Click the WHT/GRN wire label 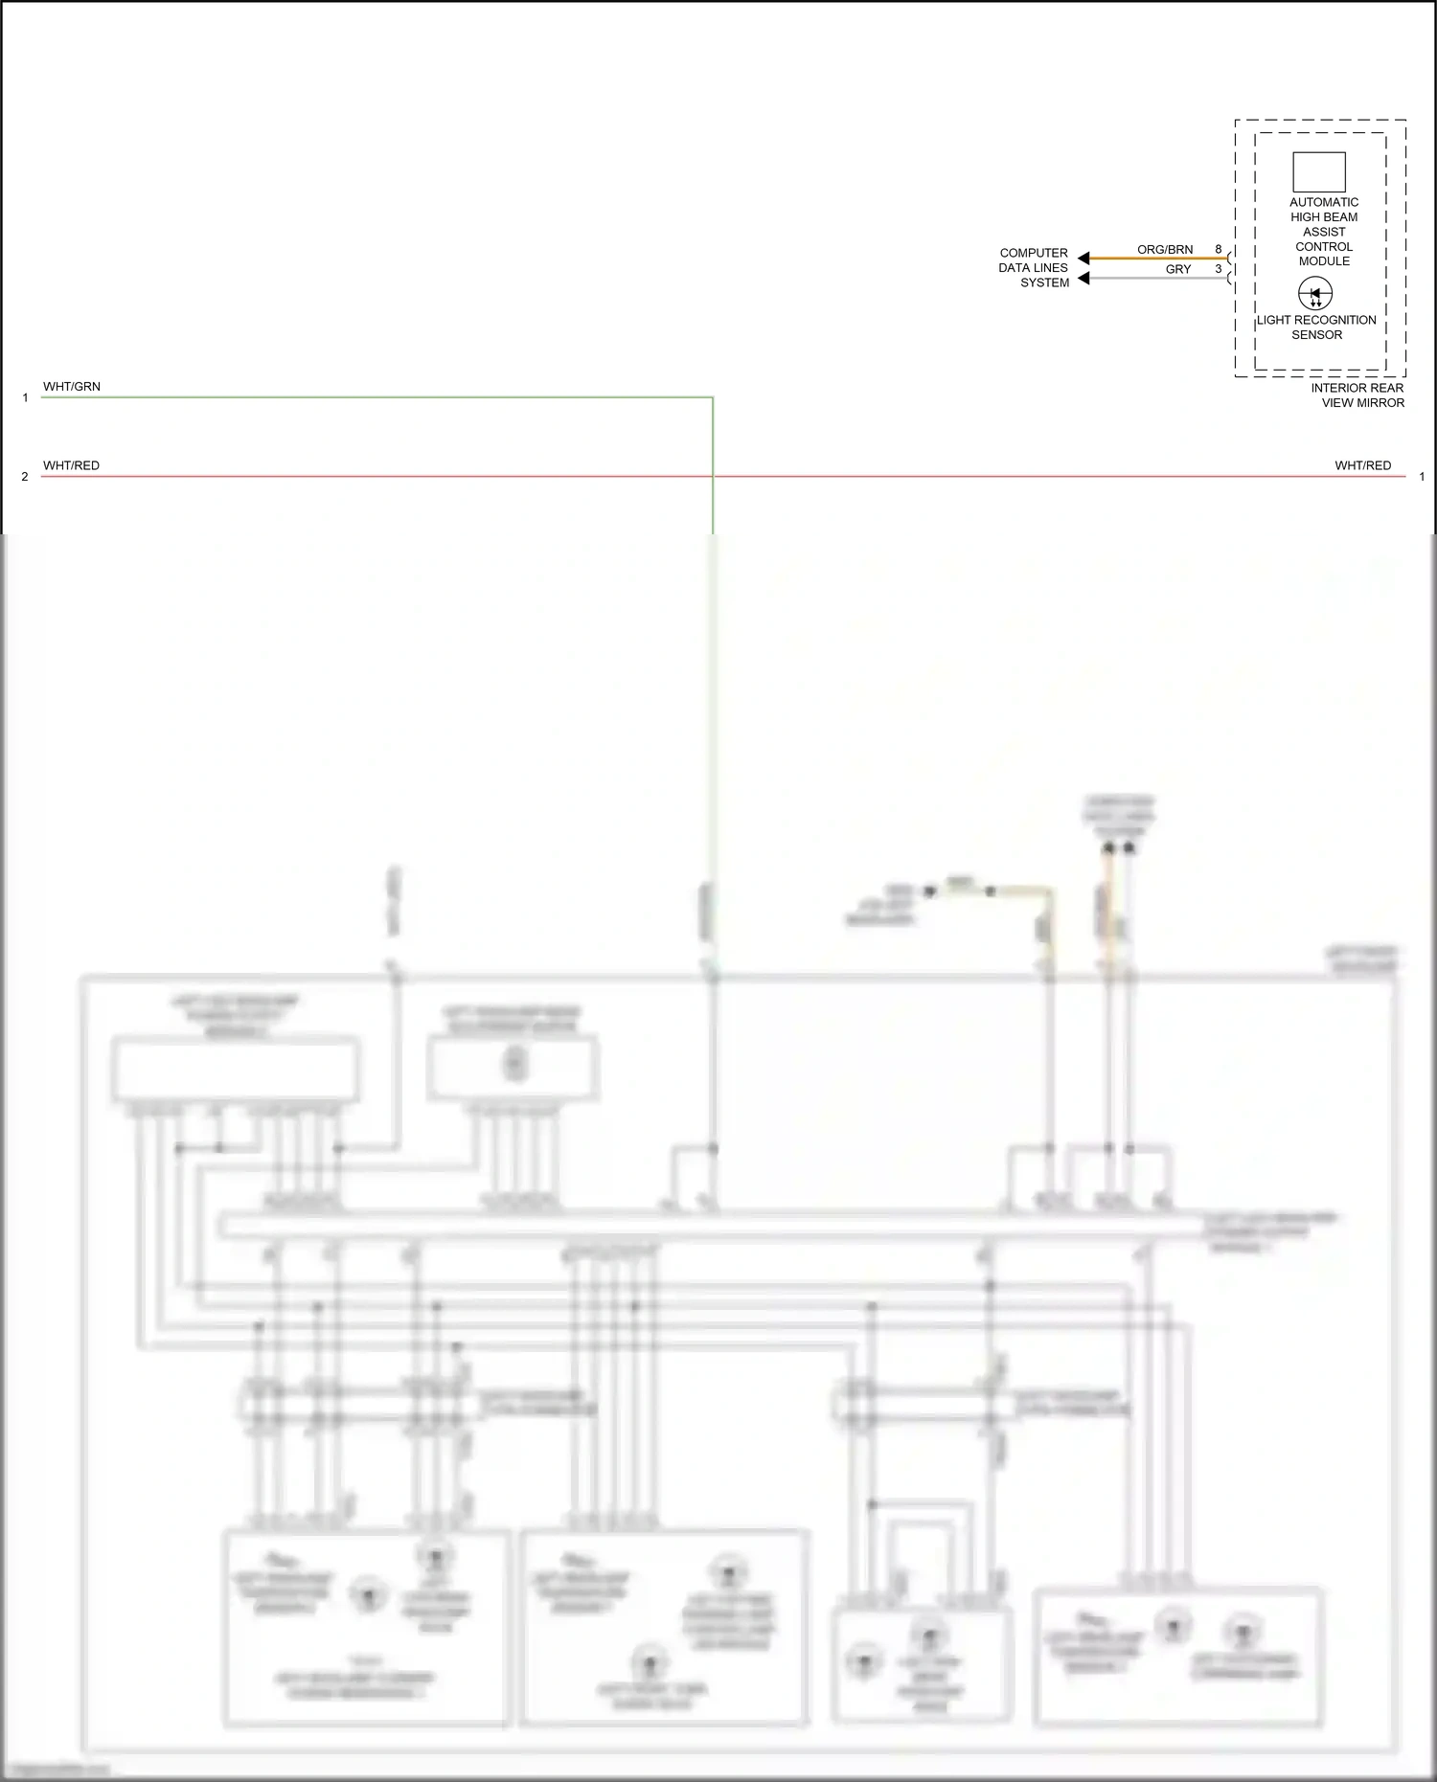coord(71,387)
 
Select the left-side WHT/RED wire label coord(71,465)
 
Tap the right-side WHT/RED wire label coord(1362,465)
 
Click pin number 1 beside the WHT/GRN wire coord(25,397)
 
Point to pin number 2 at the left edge coord(25,477)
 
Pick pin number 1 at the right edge coord(1422,477)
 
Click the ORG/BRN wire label coord(1165,250)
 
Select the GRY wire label coord(1178,270)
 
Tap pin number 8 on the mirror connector coord(1219,250)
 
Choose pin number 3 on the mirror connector coord(1219,270)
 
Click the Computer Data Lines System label coord(1034,268)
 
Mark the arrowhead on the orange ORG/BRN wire coord(1083,258)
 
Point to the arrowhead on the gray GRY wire coord(1083,279)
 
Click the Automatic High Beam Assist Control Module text coord(1324,232)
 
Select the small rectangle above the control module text coord(1319,172)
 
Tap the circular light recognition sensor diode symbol coord(1315,293)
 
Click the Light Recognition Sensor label coord(1316,327)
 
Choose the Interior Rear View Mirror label coord(1357,395)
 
